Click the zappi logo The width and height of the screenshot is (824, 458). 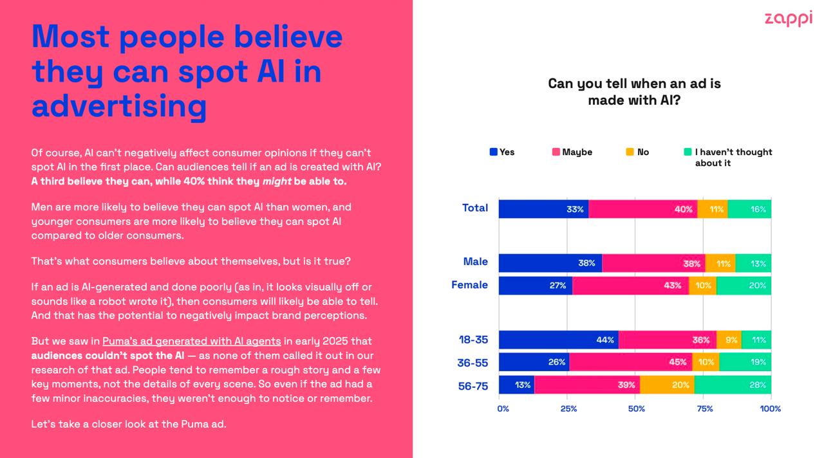point(788,19)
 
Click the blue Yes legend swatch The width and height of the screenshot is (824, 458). point(494,152)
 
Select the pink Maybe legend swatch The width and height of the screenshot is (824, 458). point(556,152)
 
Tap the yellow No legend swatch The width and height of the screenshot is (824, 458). point(630,152)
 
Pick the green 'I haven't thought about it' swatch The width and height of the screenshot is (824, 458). point(688,152)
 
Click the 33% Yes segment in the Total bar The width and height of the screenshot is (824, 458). point(543,209)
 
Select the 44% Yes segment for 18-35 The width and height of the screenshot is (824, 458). point(558,340)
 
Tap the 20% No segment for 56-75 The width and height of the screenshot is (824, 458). point(667,385)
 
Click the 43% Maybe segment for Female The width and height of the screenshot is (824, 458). point(630,286)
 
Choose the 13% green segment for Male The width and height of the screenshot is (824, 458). point(753,263)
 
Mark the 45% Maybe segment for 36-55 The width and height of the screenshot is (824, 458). point(630,362)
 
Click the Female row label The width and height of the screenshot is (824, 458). point(469,285)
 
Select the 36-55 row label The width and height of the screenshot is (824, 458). point(473,363)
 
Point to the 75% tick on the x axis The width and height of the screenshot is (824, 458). point(704,408)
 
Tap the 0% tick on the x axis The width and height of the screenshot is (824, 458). point(503,408)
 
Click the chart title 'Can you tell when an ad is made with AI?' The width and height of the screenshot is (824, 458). point(634,92)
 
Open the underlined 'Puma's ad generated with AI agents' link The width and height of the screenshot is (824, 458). point(191,341)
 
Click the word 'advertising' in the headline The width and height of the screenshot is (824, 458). point(119,105)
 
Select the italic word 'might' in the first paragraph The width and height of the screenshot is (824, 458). point(277,181)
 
